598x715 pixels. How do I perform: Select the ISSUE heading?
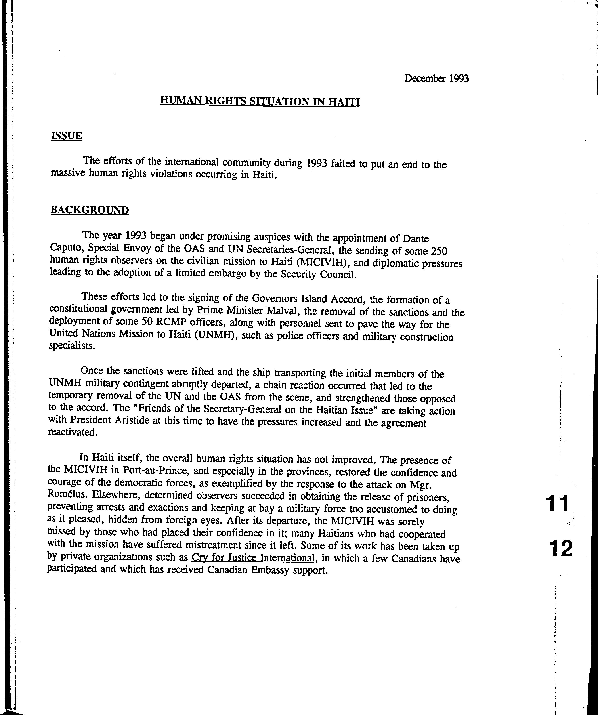66,136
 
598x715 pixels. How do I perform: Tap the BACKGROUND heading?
90,210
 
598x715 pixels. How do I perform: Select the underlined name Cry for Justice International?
253,557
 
